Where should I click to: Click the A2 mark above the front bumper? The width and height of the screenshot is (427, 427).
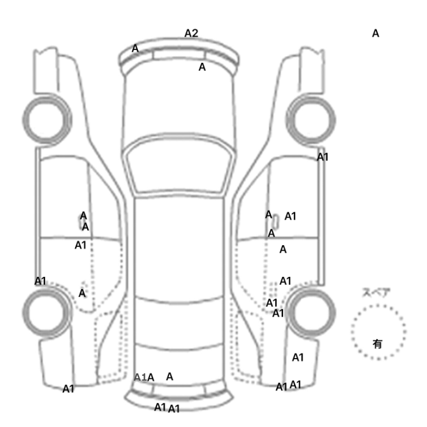(192, 33)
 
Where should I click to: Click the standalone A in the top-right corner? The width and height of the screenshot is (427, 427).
(376, 34)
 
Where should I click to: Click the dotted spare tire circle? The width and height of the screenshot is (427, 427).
(378, 332)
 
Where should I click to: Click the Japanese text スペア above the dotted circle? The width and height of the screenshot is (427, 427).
(376, 293)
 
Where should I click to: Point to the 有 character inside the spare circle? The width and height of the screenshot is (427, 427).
(378, 344)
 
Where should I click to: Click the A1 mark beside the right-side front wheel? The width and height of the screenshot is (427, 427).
(323, 157)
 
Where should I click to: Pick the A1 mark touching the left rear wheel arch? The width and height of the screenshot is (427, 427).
(40, 281)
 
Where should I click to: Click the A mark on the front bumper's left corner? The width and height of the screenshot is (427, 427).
(135, 48)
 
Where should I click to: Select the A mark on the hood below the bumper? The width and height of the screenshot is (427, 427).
(202, 67)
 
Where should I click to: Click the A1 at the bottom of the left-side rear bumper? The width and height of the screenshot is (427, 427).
(68, 389)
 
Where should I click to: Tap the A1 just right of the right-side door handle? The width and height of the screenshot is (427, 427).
(290, 215)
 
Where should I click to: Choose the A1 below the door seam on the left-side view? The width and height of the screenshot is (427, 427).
(81, 245)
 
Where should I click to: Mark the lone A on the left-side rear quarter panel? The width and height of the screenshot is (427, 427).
(82, 293)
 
